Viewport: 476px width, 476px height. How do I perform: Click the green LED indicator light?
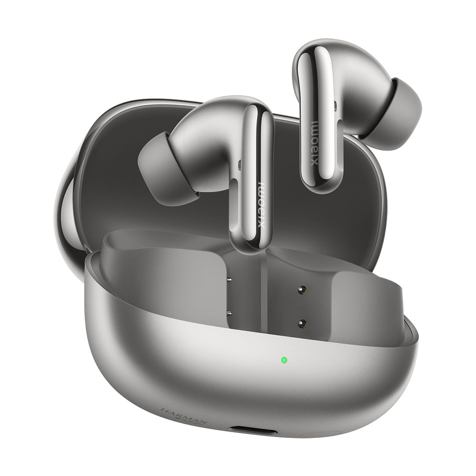coord(284,360)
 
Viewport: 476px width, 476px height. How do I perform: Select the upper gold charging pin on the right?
coord(301,289)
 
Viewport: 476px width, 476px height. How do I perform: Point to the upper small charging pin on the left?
coord(230,280)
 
